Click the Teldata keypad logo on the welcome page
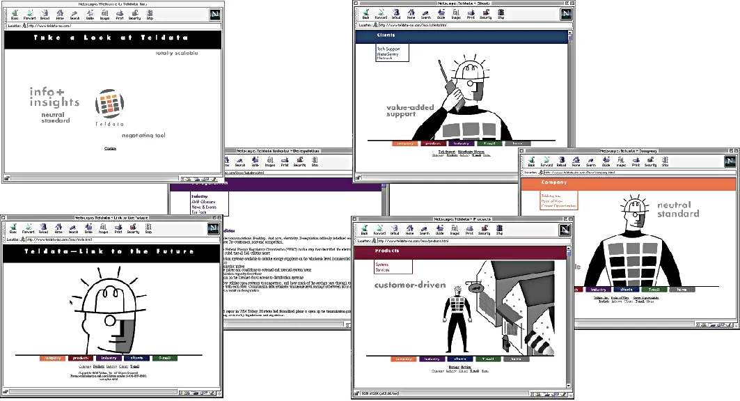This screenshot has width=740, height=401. pyautogui.click(x=110, y=107)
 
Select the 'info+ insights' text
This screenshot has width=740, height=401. pyautogui.click(x=54, y=97)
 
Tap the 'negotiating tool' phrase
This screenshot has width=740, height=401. pyautogui.click(x=143, y=136)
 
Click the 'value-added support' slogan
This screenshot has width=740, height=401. pyautogui.click(x=411, y=111)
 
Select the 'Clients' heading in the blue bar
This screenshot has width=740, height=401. pyautogui.click(x=386, y=34)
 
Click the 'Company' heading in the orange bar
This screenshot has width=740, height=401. pyautogui.click(x=553, y=183)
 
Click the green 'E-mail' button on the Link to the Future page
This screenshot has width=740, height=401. pyautogui.click(x=165, y=358)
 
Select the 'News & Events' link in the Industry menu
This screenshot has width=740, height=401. pyautogui.click(x=204, y=207)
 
